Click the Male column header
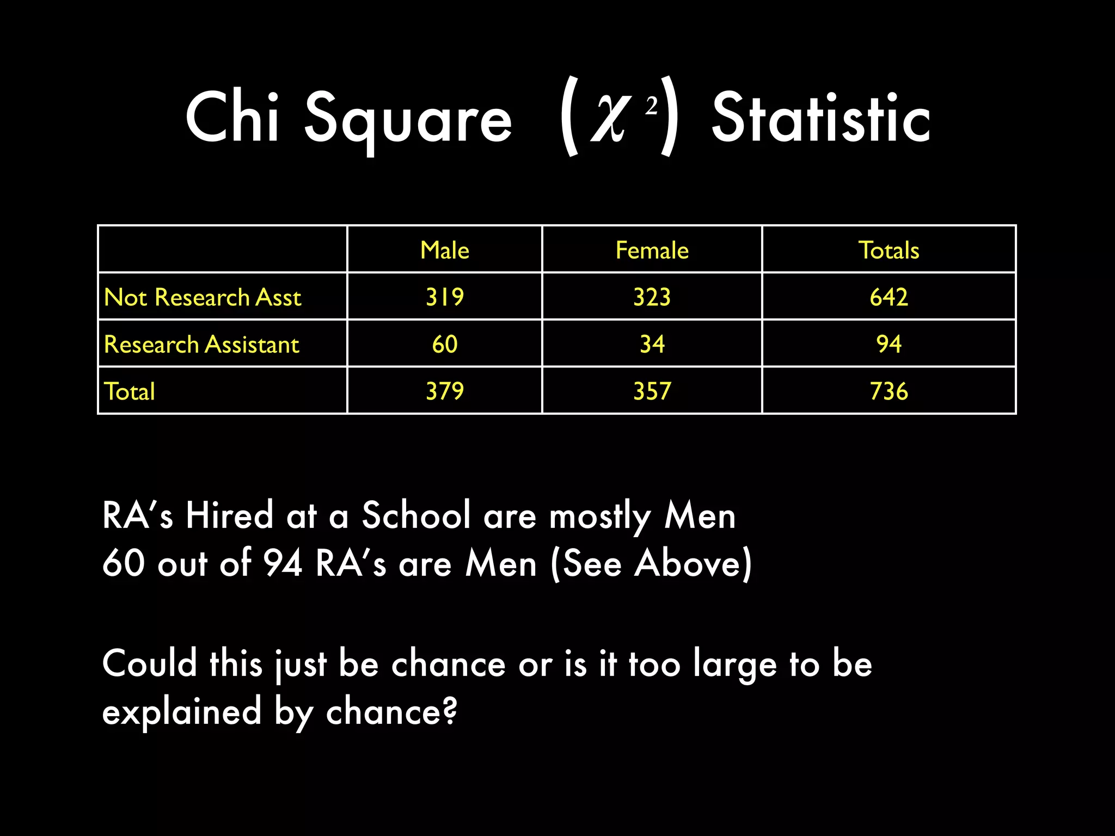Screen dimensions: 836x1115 point(444,250)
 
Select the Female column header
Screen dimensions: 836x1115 point(652,250)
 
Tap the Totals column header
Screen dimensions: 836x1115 point(889,250)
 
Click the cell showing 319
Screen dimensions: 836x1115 point(444,297)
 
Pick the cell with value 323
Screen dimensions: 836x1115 point(652,297)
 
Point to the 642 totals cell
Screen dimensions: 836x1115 point(889,297)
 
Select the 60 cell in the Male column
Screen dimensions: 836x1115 point(444,344)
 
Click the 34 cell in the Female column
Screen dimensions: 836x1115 point(652,344)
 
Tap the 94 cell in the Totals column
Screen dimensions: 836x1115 point(889,344)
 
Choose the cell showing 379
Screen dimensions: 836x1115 point(444,391)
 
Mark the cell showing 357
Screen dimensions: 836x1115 point(652,391)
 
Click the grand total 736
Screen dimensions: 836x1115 point(889,391)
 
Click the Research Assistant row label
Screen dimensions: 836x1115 point(201,345)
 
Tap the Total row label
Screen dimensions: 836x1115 point(130,391)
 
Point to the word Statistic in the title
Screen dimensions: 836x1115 point(820,118)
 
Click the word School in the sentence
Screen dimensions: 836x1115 point(416,515)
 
